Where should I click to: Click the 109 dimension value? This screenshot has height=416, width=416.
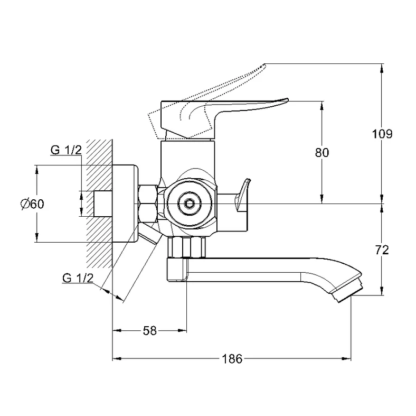tap(382, 134)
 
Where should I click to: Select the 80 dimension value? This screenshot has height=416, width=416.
tap(322, 152)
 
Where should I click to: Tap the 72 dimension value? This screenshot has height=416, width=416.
tap(382, 250)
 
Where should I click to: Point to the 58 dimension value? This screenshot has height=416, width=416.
tap(150, 331)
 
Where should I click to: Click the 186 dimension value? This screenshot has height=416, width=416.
tap(231, 359)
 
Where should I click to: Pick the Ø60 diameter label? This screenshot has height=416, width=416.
tap(32, 204)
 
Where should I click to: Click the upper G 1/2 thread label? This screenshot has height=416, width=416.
tap(65, 150)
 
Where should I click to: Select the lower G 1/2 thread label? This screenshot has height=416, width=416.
tap(78, 278)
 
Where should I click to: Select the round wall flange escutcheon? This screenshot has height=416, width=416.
tap(127, 204)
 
